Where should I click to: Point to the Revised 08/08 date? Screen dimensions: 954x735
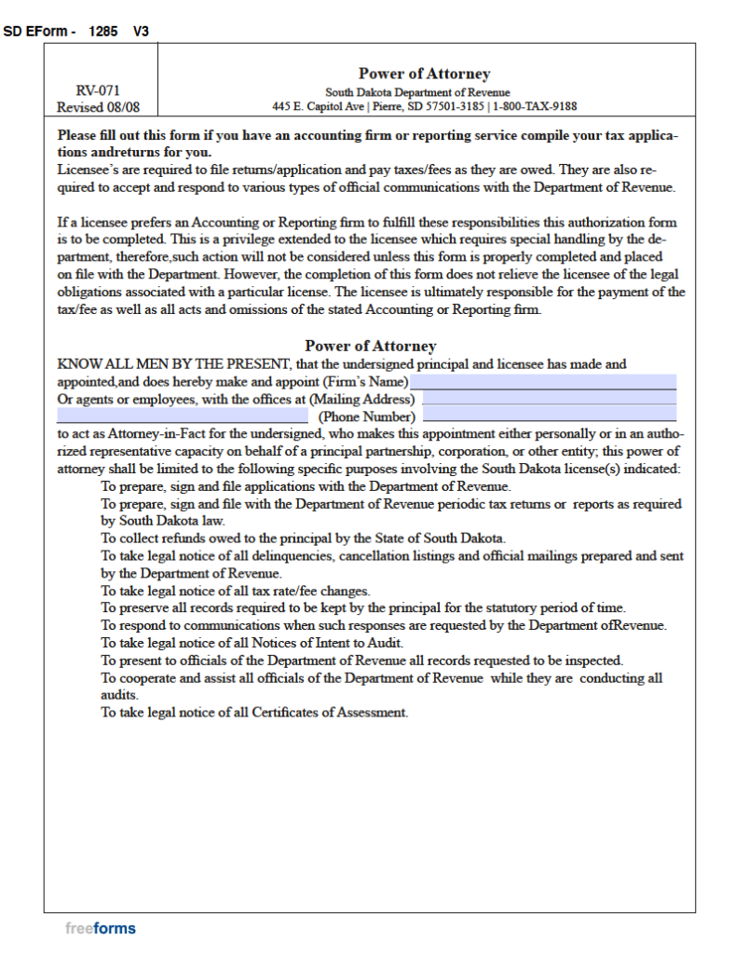pos(100,107)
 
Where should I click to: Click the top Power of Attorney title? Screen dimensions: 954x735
pos(424,74)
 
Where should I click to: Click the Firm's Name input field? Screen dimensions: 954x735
pos(543,382)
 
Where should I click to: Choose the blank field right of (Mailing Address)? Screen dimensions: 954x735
pos(549,399)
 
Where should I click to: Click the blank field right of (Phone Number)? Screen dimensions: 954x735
pos(549,416)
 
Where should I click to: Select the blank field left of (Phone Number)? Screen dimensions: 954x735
pos(183,416)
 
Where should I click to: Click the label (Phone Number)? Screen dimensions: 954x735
pos(366,416)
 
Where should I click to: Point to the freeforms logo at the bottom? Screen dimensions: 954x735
pos(101,928)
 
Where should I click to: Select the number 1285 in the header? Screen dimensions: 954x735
pos(103,32)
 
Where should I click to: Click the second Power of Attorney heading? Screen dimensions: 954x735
pos(370,346)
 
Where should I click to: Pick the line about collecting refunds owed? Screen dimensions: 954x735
pos(303,538)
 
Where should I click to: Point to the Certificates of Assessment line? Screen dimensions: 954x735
pos(254,713)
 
